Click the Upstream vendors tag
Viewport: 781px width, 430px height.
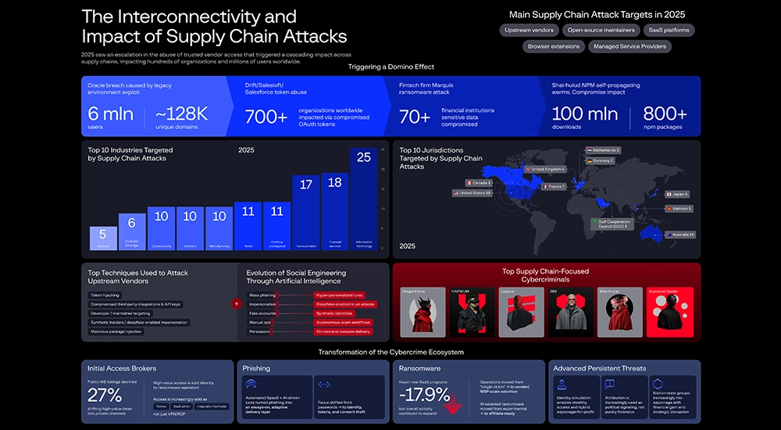point(530,30)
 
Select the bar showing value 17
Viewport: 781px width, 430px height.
point(306,212)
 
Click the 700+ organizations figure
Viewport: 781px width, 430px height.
point(266,116)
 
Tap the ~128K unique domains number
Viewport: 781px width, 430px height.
point(181,115)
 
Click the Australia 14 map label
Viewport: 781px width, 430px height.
point(679,235)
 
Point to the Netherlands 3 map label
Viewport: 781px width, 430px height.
point(602,150)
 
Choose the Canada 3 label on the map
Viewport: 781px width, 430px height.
point(482,183)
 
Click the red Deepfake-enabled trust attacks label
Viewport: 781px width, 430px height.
point(345,304)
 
